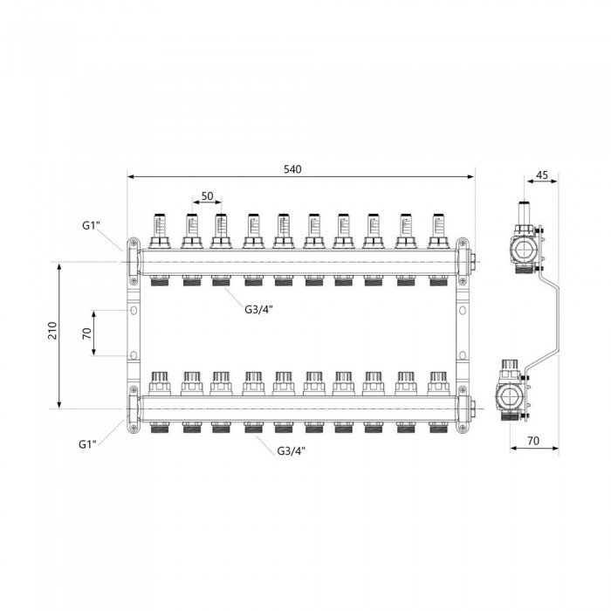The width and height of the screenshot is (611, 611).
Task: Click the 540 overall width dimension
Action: [292, 169]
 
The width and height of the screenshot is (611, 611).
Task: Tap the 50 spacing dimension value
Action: [208, 196]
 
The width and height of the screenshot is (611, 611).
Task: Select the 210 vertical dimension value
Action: [52, 331]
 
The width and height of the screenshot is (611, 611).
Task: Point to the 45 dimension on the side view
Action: [542, 175]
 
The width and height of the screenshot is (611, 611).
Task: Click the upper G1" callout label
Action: [91, 225]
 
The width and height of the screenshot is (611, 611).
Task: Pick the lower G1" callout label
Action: [87, 444]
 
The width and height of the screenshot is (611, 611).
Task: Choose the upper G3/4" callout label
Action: [258, 309]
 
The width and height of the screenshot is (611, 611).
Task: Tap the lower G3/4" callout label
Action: [292, 451]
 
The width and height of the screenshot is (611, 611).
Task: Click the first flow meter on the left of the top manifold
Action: [160, 230]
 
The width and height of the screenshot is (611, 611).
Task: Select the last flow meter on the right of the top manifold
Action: [438, 230]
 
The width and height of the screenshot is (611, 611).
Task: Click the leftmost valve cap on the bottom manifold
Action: [160, 383]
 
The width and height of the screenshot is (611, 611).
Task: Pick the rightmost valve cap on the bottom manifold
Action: [438, 383]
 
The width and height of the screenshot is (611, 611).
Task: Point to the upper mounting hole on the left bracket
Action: [134, 310]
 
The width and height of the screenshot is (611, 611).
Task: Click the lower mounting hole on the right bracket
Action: [463, 355]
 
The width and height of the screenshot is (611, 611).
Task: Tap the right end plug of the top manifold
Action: [472, 262]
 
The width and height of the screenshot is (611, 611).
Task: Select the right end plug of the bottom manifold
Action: [472, 408]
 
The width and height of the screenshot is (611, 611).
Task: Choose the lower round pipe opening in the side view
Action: [506, 397]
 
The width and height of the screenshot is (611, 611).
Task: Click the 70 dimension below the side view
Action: [533, 441]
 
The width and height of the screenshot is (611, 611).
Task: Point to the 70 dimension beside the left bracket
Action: [87, 333]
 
